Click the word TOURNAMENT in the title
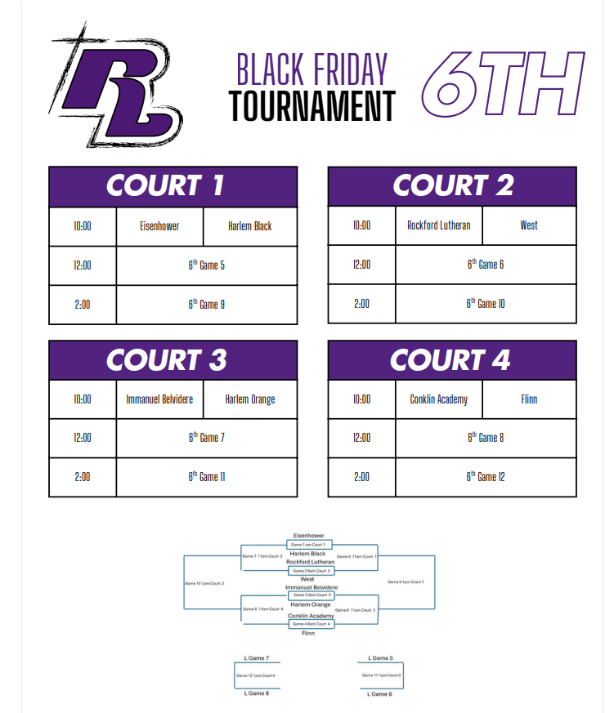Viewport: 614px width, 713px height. [311, 107]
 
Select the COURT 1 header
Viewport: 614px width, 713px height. [173, 186]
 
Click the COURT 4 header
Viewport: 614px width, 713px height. [452, 359]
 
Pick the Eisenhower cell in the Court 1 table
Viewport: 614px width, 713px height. [159, 226]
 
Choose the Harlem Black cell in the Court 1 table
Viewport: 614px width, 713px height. [250, 226]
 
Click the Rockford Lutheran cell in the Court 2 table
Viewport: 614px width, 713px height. [439, 225]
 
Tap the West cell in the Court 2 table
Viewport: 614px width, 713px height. [529, 225]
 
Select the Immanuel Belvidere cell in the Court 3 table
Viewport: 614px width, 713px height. [159, 399]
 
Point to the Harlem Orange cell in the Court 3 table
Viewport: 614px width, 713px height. [250, 399]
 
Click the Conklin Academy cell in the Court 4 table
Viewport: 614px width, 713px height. [439, 399]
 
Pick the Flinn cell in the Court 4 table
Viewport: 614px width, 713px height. [529, 399]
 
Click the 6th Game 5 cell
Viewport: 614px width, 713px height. [207, 265]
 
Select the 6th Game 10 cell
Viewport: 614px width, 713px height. [486, 304]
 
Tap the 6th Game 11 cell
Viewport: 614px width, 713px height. [207, 477]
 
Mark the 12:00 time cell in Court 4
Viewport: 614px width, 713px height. [361, 438]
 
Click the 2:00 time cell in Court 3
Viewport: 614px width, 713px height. [83, 477]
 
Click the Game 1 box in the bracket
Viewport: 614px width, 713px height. [308, 544]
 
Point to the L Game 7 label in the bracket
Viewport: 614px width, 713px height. [257, 657]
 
